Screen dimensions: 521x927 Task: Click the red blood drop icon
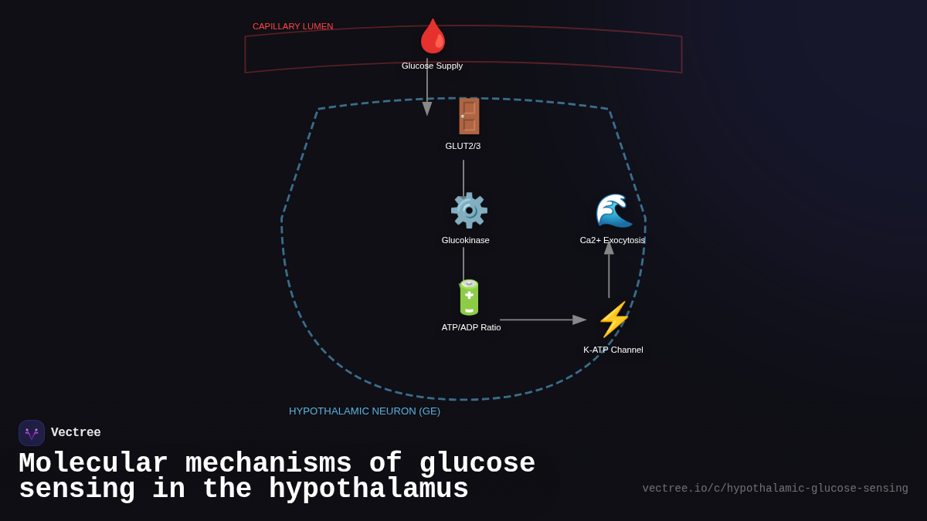point(433,36)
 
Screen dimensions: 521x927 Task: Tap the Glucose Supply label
point(432,66)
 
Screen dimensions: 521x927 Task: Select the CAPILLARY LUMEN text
point(293,26)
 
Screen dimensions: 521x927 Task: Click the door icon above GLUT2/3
point(468,117)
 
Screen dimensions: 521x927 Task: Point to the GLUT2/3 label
point(463,146)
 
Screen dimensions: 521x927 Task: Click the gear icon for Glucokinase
point(468,211)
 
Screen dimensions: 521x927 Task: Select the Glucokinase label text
point(465,240)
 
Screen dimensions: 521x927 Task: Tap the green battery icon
point(468,298)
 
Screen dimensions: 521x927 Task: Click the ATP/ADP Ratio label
point(470,327)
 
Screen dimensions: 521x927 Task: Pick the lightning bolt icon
point(613,320)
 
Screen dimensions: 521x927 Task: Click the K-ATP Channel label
point(613,350)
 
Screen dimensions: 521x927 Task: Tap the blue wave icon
point(613,211)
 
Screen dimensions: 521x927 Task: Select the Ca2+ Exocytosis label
point(612,240)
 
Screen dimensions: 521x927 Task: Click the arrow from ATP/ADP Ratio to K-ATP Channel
point(541,320)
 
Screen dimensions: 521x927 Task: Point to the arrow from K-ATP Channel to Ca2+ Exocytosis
point(609,270)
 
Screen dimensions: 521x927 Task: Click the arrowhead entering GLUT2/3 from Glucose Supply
point(427,109)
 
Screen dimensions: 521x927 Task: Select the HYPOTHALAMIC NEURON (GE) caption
point(365,411)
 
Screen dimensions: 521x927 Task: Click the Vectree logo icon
point(32,433)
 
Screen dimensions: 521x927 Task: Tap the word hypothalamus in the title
point(368,489)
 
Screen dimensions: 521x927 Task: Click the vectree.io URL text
point(775,489)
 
